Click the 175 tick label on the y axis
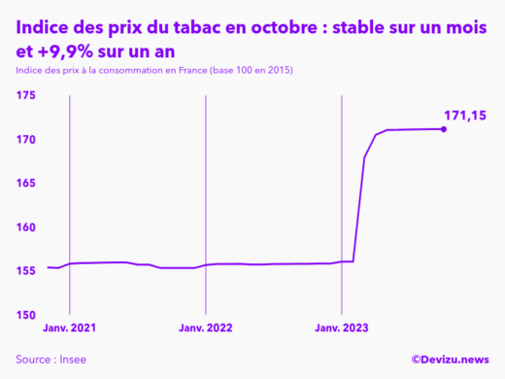[25, 95]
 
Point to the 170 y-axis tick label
[25, 140]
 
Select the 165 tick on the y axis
[25, 184]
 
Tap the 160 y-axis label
[25, 227]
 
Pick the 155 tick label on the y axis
[25, 271]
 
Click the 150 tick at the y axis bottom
[25, 315]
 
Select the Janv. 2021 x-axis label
[69, 328]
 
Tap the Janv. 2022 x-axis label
[205, 328]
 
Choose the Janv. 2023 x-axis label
[341, 328]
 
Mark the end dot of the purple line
[444, 128]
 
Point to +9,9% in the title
[71, 52]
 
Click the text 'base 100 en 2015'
[257, 71]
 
